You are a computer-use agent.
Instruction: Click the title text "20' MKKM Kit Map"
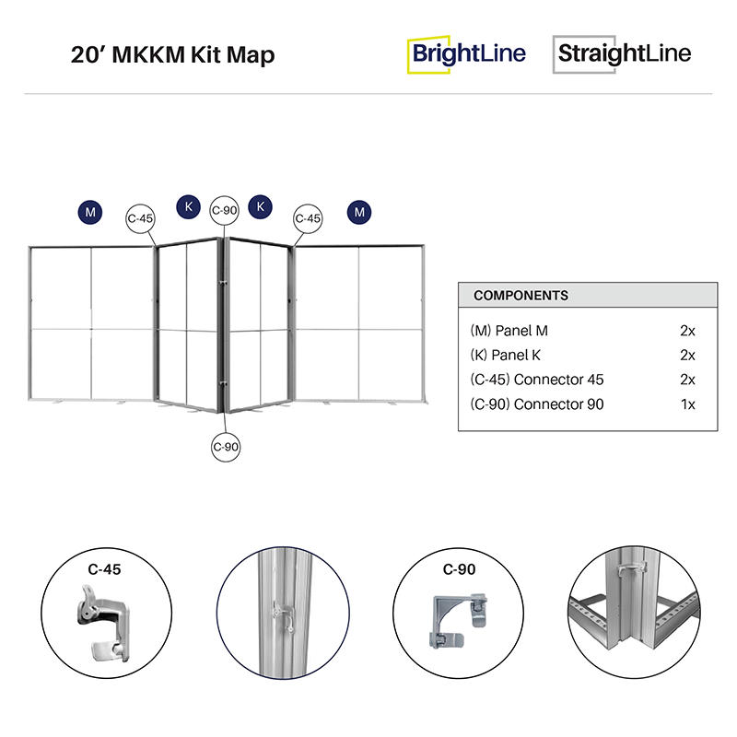pyautogui.click(x=172, y=54)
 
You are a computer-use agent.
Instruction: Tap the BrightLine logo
pyautogui.click(x=468, y=53)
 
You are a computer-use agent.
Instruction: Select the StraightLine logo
pyautogui.click(x=623, y=53)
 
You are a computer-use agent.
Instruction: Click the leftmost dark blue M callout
pyautogui.click(x=90, y=212)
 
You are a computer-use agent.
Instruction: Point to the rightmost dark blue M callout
pyautogui.click(x=360, y=212)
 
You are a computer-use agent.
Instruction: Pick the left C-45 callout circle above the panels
pyautogui.click(x=140, y=218)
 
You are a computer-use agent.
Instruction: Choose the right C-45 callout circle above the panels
pyautogui.click(x=308, y=218)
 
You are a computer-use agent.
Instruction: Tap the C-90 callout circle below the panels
pyautogui.click(x=225, y=446)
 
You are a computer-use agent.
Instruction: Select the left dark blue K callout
pyautogui.click(x=189, y=206)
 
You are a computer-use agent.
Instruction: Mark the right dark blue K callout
pyautogui.click(x=261, y=206)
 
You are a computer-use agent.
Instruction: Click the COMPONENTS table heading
pyautogui.click(x=521, y=296)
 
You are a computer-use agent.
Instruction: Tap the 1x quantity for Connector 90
pyautogui.click(x=686, y=404)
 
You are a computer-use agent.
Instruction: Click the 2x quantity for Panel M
pyautogui.click(x=686, y=330)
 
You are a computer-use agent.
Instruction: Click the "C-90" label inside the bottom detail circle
pyautogui.click(x=459, y=570)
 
